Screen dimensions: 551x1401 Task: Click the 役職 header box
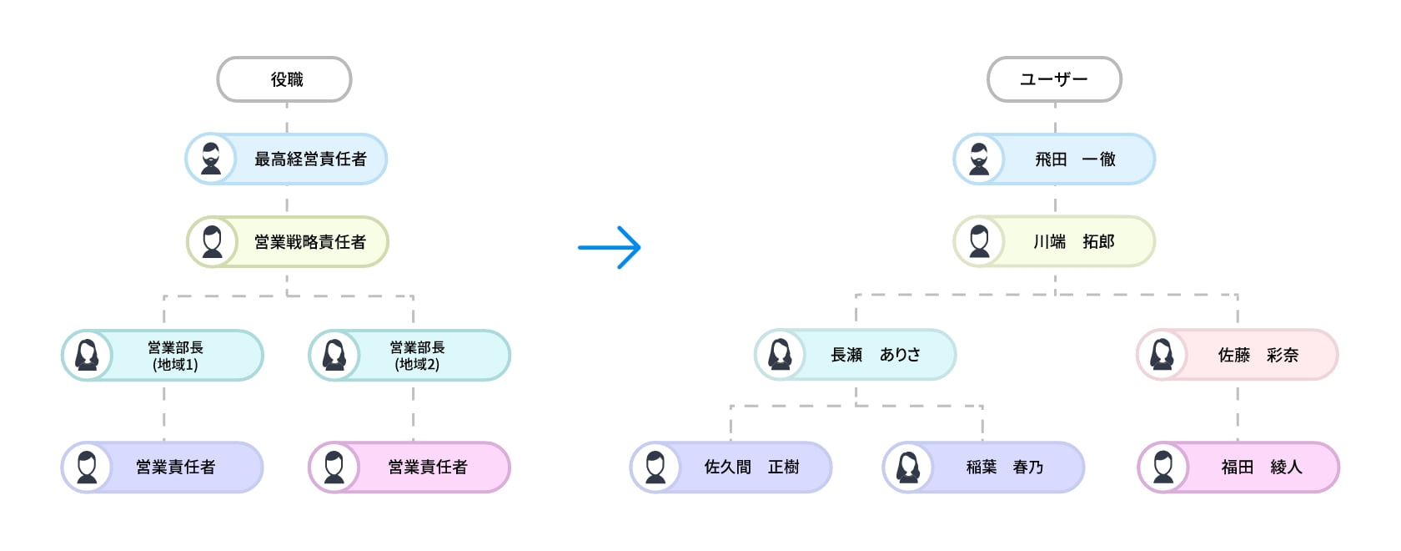(284, 79)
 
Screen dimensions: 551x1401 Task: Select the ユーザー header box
(1054, 79)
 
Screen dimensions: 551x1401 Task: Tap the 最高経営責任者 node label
(310, 159)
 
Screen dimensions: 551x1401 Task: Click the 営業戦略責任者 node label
(310, 242)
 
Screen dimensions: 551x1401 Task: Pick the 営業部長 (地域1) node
(175, 356)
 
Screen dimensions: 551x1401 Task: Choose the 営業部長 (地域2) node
(417, 356)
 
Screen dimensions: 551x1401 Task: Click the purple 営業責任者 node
(175, 468)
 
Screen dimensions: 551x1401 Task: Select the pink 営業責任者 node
(427, 468)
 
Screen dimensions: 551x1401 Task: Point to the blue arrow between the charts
(610, 247)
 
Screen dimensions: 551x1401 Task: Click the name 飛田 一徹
(1075, 159)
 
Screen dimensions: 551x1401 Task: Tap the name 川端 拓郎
(1074, 242)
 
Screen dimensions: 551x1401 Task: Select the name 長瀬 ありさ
(876, 355)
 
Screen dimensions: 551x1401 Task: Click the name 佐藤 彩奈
(1258, 355)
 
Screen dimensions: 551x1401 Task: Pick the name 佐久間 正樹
(751, 468)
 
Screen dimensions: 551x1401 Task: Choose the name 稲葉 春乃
(1004, 468)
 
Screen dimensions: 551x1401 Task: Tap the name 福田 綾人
(1261, 468)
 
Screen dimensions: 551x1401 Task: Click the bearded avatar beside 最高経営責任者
(211, 159)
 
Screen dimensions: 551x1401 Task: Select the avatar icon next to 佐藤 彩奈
(1162, 355)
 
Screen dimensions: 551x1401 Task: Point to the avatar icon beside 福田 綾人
(1163, 468)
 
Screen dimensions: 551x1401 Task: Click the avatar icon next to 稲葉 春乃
(908, 468)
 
